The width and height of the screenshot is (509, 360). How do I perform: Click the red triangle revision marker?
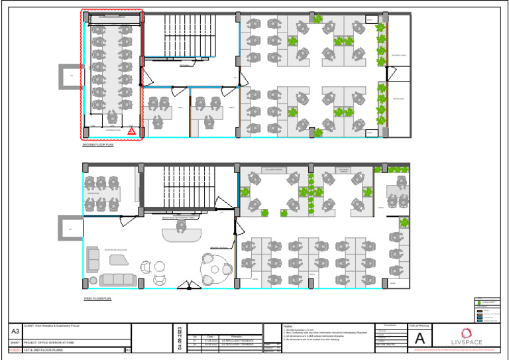(132, 132)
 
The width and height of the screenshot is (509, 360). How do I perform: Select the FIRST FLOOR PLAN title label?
(97, 299)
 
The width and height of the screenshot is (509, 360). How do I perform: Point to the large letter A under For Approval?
(420, 338)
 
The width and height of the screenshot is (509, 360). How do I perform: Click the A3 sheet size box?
(15, 331)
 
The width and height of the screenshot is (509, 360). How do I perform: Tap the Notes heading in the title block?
(288, 326)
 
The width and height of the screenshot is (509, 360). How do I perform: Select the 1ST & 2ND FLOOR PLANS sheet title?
(49, 349)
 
